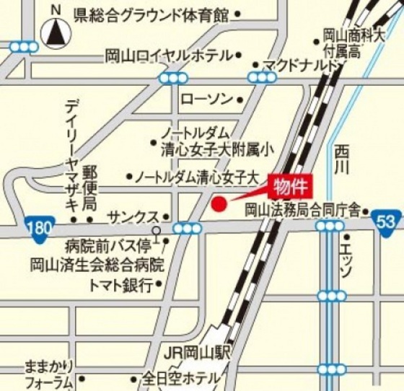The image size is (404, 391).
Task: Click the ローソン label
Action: (207, 97)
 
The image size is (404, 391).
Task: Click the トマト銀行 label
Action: (120, 285)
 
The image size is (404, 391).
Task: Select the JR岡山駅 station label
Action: (196, 353)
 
